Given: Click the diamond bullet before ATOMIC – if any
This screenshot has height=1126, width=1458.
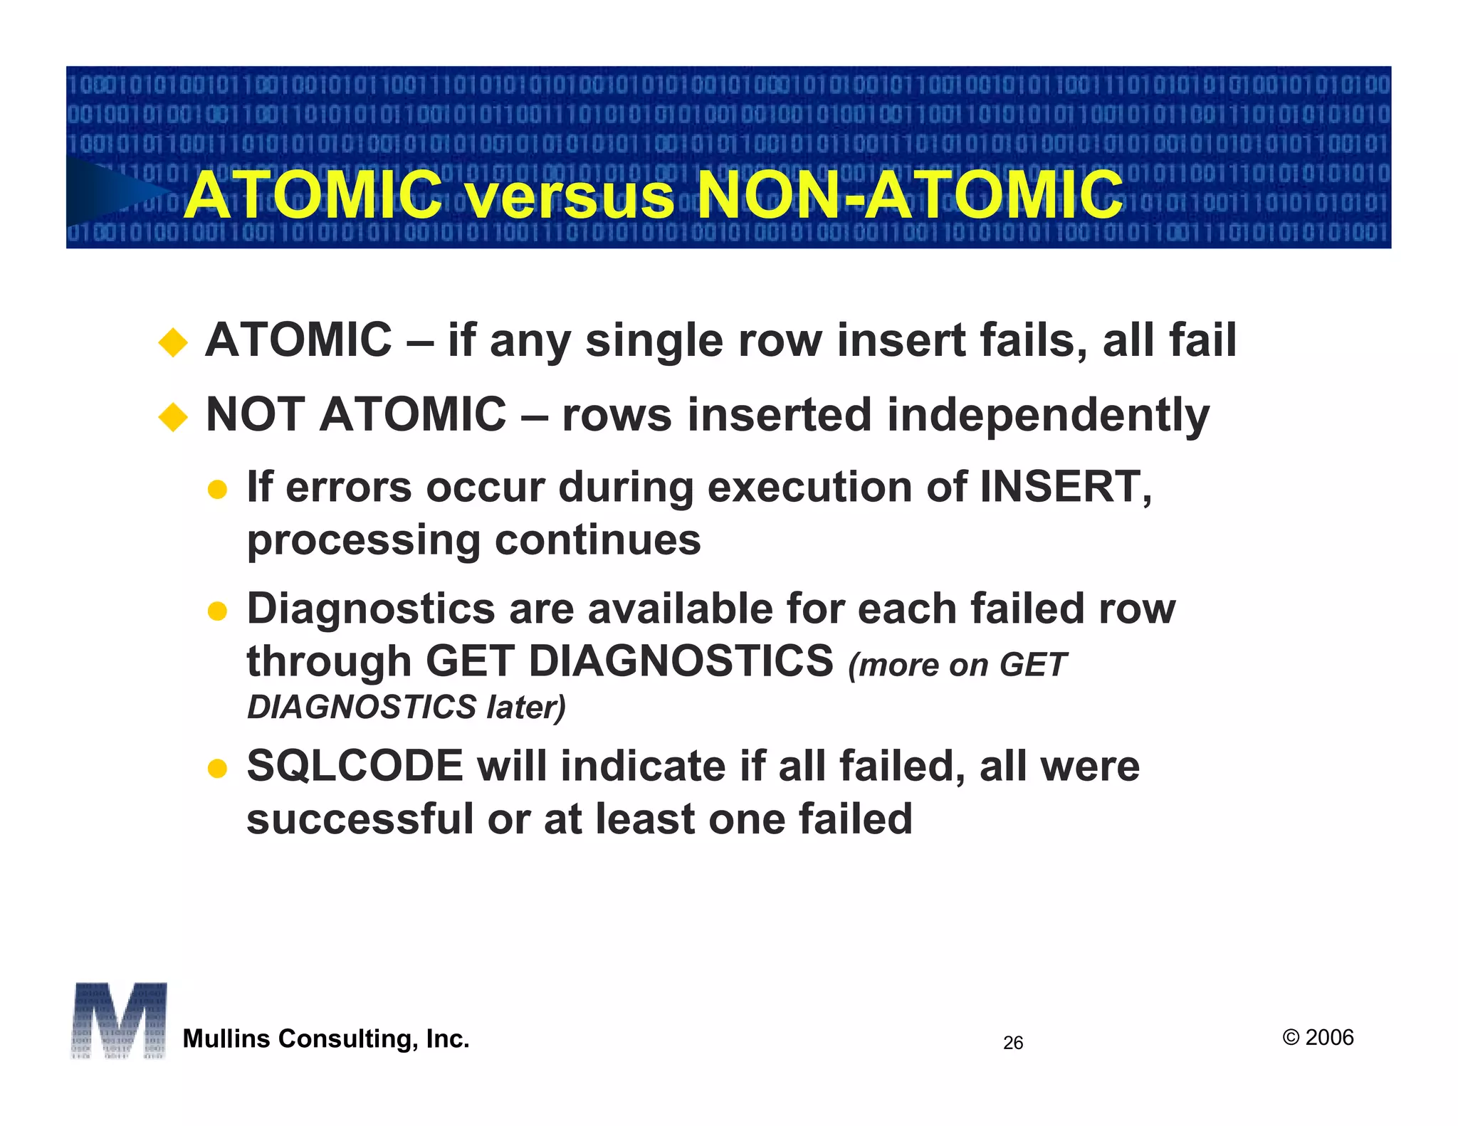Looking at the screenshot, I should tap(173, 342).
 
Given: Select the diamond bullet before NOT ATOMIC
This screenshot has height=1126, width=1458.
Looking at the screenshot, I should tap(173, 417).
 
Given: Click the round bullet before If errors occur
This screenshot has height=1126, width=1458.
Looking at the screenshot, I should tap(217, 490).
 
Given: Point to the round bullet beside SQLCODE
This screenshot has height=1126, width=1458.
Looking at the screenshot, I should tap(217, 769).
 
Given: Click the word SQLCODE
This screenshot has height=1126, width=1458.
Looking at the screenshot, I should tap(355, 767).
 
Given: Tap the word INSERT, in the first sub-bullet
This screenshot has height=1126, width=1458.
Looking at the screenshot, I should tap(1065, 488).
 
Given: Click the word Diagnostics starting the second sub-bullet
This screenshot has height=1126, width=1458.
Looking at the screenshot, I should tap(370, 610).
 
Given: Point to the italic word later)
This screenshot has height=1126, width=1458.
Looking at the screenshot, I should tap(525, 707).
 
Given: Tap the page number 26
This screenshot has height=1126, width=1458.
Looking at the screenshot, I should tap(1012, 1043).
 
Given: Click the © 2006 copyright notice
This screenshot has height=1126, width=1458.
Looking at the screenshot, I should tap(1318, 1038).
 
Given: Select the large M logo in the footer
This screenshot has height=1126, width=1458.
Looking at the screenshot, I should tap(119, 1021).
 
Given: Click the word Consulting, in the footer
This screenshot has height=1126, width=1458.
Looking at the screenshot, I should tap(348, 1039).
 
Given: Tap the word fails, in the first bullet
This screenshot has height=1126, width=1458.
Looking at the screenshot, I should tap(1034, 341).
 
